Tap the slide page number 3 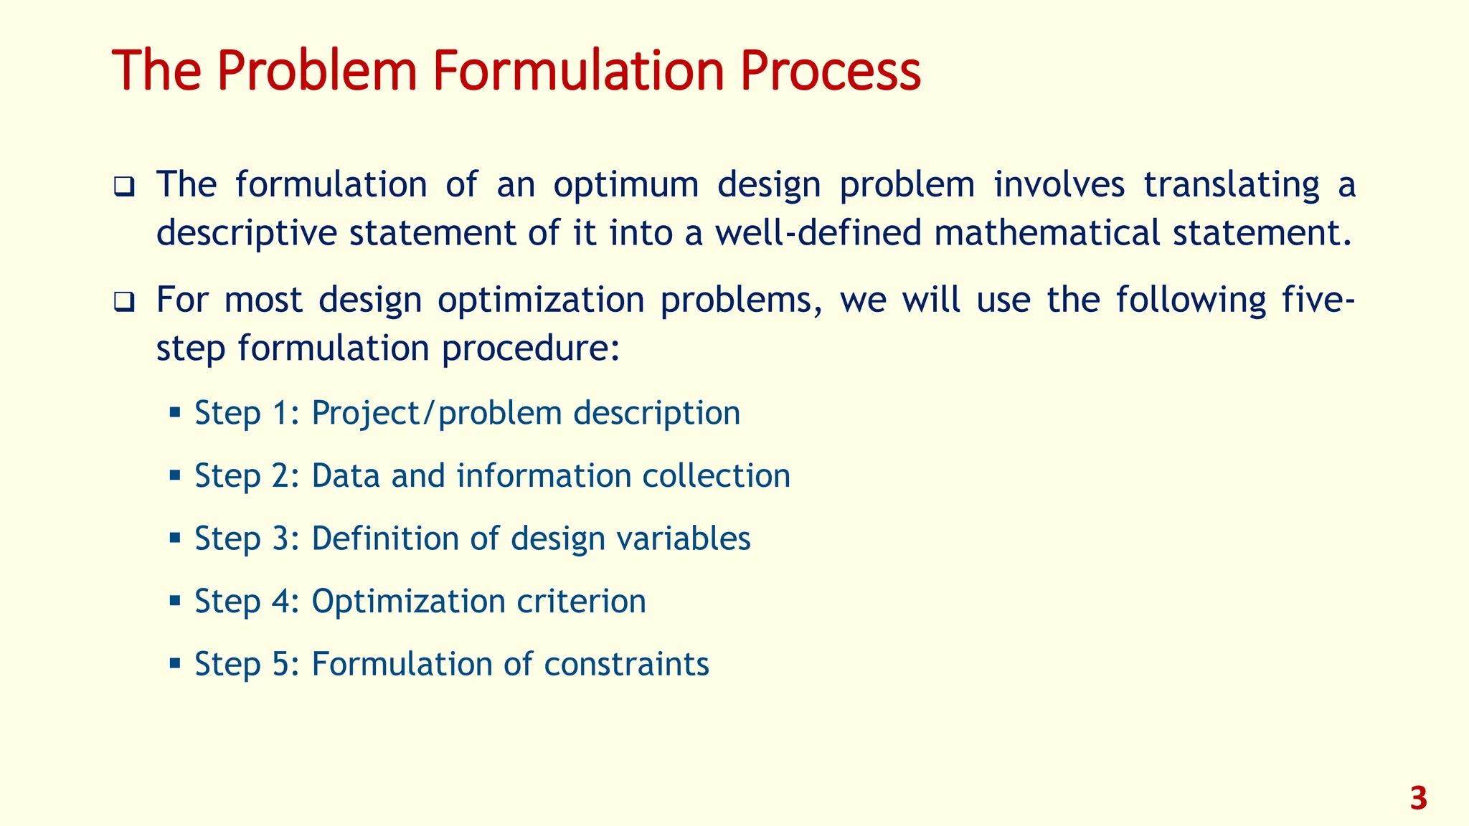coord(1418,799)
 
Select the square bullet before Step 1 coord(174,412)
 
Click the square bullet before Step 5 coord(174,663)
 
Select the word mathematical coord(1047,233)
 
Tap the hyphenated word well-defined coord(818,233)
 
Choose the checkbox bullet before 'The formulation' coord(123,188)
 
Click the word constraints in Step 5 coord(626,664)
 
